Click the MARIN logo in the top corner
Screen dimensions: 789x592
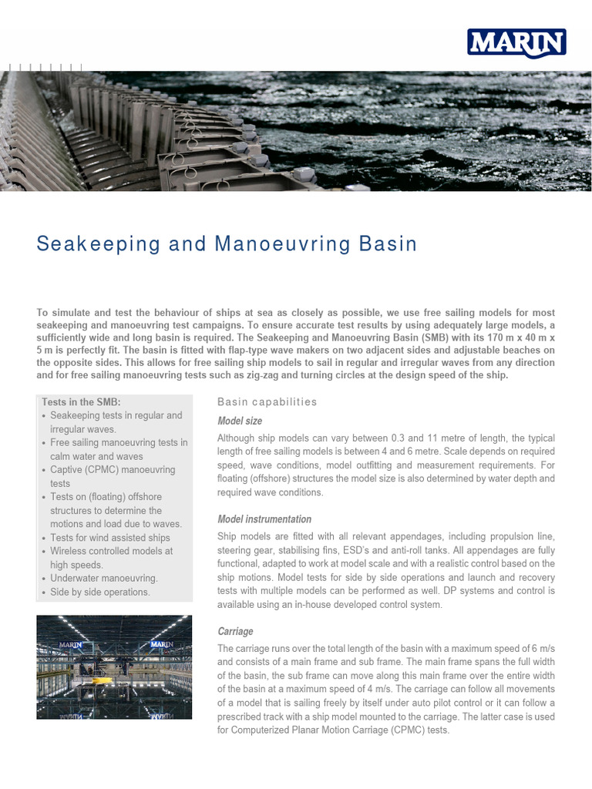[x=516, y=43]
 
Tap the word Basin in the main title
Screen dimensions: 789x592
[x=388, y=244]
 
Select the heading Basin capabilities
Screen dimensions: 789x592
[x=267, y=401]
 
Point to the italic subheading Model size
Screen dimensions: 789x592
[x=240, y=421]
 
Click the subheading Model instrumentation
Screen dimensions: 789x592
[x=264, y=519]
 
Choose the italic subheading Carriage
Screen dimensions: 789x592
[x=235, y=631]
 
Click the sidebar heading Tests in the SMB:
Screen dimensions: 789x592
[x=81, y=402]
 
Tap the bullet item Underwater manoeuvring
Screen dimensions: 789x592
[x=103, y=578]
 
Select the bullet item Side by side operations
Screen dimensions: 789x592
[x=99, y=592]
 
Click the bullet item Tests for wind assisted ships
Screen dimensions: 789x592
[x=109, y=537]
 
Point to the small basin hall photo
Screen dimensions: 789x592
[x=115, y=666]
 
